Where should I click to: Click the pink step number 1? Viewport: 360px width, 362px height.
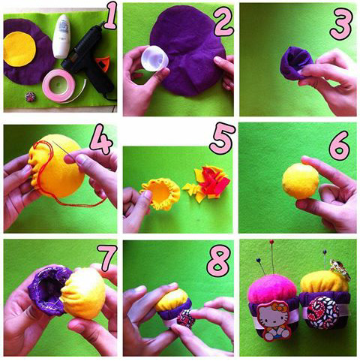pyautogui.click(x=110, y=15)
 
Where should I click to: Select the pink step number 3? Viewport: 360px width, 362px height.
pyautogui.click(x=341, y=25)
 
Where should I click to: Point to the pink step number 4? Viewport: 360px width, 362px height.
pyautogui.click(x=102, y=141)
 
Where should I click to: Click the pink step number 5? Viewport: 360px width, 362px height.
pyautogui.click(x=222, y=138)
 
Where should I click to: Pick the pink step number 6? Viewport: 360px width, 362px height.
pyautogui.click(x=340, y=146)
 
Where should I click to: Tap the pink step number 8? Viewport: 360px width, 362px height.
pyautogui.click(x=218, y=261)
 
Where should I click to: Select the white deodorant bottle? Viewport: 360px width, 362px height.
pyautogui.click(x=61, y=36)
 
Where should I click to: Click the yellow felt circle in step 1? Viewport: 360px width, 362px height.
pyautogui.click(x=19, y=50)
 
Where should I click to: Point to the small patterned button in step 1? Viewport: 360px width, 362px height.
pyautogui.click(x=31, y=97)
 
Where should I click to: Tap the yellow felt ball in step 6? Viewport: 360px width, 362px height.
pyautogui.click(x=301, y=181)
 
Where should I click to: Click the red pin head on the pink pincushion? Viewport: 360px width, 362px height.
pyautogui.click(x=271, y=242)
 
